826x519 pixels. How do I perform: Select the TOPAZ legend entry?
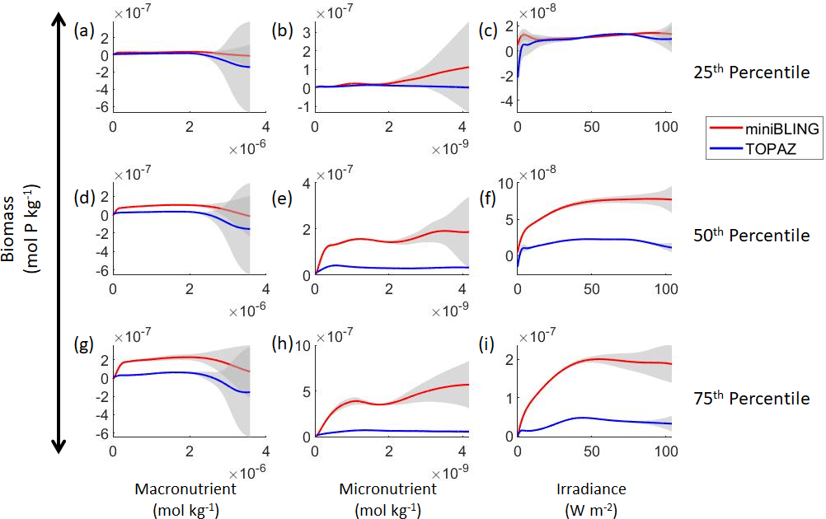757,148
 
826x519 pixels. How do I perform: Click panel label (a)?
83,30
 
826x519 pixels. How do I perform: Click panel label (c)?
487,30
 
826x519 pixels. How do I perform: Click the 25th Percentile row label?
752,72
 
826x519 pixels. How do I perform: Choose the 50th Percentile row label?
752,236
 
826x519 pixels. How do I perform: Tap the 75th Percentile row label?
752,399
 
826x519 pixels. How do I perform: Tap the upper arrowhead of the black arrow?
59,23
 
